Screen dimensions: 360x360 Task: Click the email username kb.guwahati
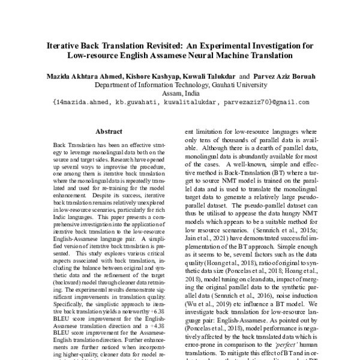point(140,103)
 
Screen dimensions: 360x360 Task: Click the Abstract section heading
point(109,131)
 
